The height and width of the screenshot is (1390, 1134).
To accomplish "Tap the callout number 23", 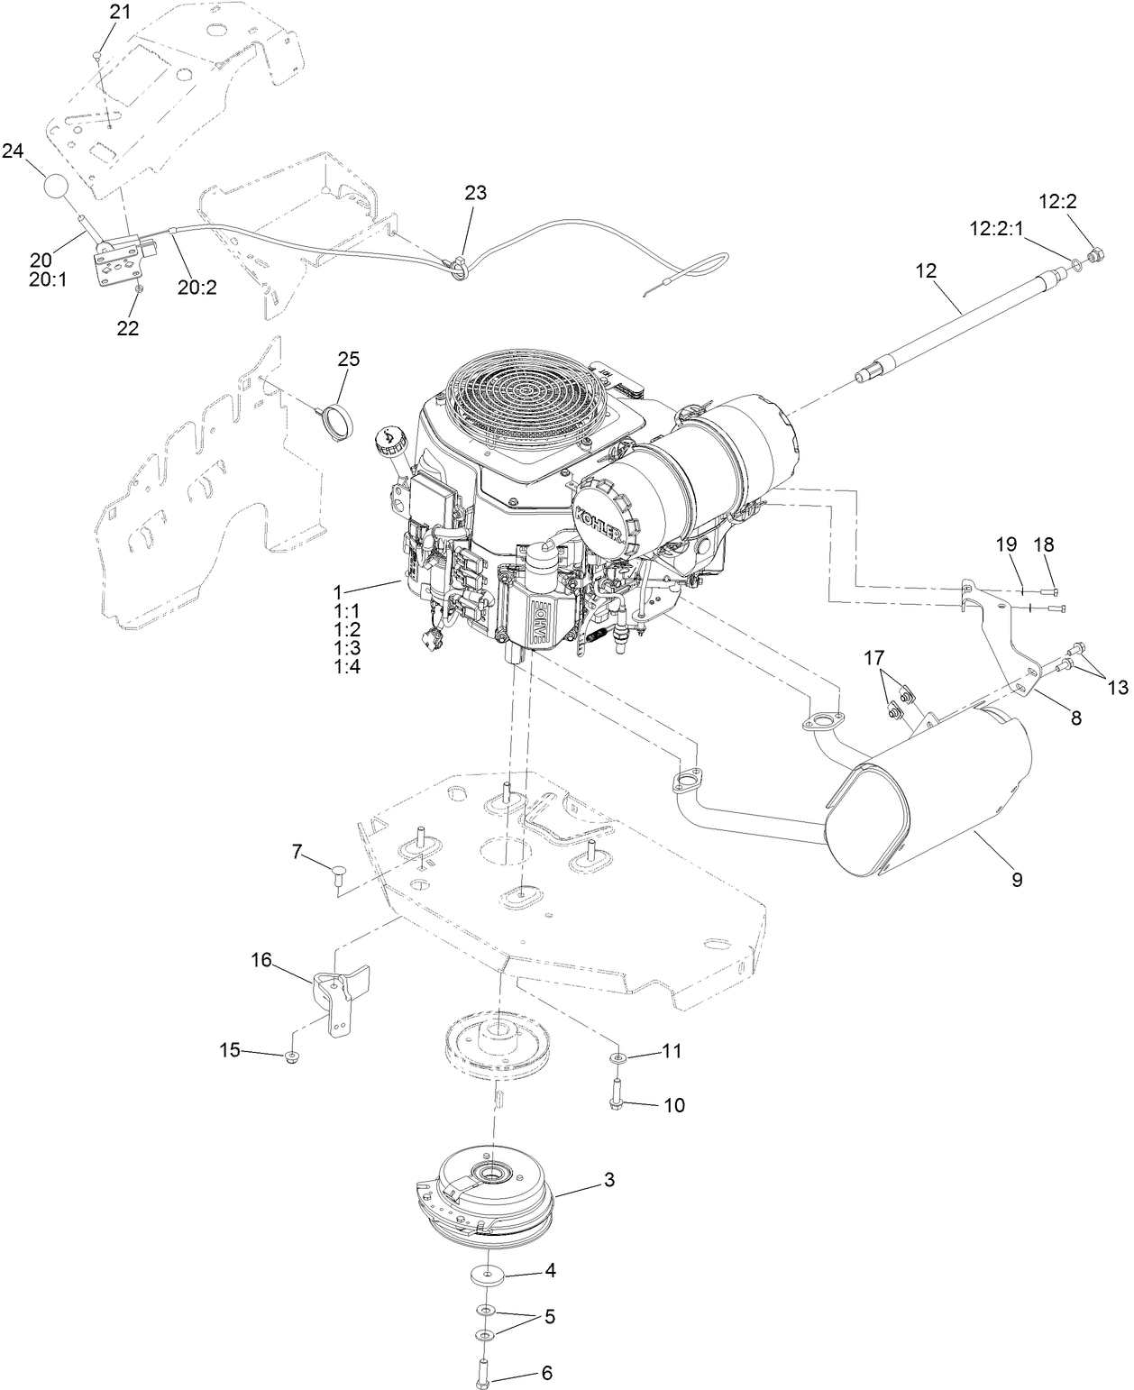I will (x=475, y=192).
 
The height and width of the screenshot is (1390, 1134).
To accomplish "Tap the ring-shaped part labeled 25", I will (x=337, y=421).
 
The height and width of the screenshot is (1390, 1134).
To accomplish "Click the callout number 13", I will (x=1117, y=687).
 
